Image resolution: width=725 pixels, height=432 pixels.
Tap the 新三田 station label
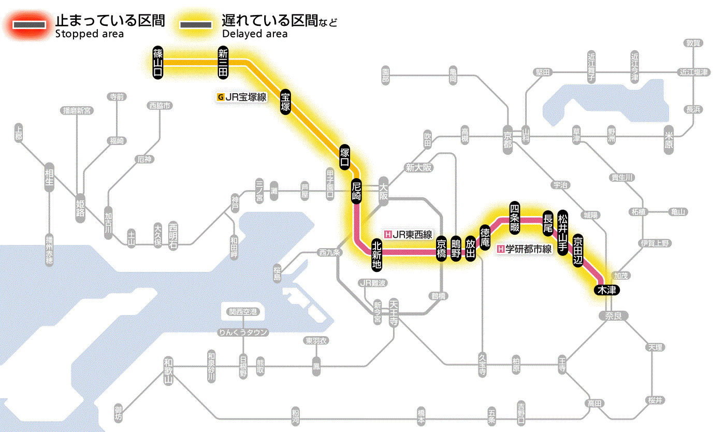(x=223, y=62)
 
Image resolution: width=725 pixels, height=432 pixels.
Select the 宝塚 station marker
(x=285, y=102)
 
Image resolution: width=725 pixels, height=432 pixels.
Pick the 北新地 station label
(x=376, y=254)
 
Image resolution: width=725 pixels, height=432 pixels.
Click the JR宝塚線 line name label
(x=242, y=96)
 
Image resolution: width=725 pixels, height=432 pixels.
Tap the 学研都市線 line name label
(x=524, y=249)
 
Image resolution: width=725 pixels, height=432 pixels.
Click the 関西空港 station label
(x=243, y=312)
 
